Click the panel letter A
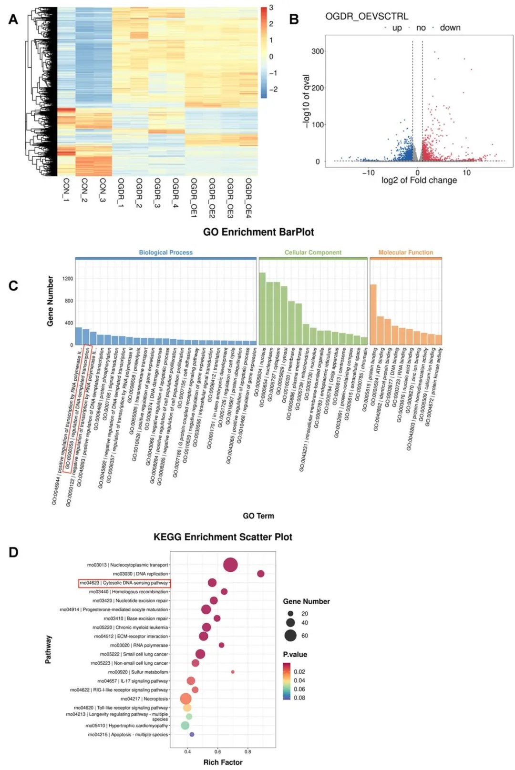[x=13, y=19]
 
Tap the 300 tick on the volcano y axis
[x=318, y=51]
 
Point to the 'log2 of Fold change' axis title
[x=419, y=180]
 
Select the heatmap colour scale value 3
[x=271, y=8]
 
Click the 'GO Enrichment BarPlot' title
[x=258, y=232]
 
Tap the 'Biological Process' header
[x=165, y=253]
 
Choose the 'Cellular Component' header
[x=313, y=253]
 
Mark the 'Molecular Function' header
[x=406, y=253]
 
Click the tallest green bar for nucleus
[x=262, y=308]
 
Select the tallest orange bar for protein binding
[x=373, y=314]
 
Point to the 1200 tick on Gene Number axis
[x=68, y=279]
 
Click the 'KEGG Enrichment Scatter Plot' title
[x=223, y=537]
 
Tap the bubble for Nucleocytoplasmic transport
[x=230, y=565]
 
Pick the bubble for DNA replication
[x=260, y=574]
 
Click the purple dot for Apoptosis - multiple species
[x=192, y=734]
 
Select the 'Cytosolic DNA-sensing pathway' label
[x=124, y=583]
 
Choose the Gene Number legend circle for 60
[x=290, y=635]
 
